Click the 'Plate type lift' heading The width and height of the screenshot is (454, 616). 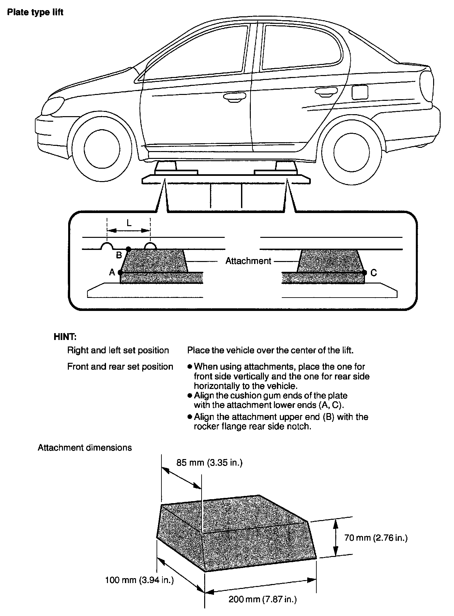(x=35, y=13)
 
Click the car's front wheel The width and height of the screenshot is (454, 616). (x=101, y=148)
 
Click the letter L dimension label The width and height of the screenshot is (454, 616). (x=129, y=223)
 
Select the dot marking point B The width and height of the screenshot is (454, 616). (x=128, y=249)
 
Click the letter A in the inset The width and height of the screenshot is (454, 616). (x=112, y=272)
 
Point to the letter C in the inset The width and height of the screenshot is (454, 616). (x=374, y=273)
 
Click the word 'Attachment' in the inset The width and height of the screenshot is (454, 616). (x=248, y=261)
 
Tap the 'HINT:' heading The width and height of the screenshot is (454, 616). (x=65, y=336)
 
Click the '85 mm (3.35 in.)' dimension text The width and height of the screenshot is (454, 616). (x=209, y=463)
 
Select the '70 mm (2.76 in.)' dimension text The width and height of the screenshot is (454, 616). (x=376, y=538)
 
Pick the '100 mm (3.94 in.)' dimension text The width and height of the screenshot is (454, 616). (x=139, y=580)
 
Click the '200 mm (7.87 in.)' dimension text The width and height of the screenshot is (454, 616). (x=263, y=599)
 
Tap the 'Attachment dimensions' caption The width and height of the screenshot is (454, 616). (x=85, y=448)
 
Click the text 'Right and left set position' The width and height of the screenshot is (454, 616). (x=118, y=350)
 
